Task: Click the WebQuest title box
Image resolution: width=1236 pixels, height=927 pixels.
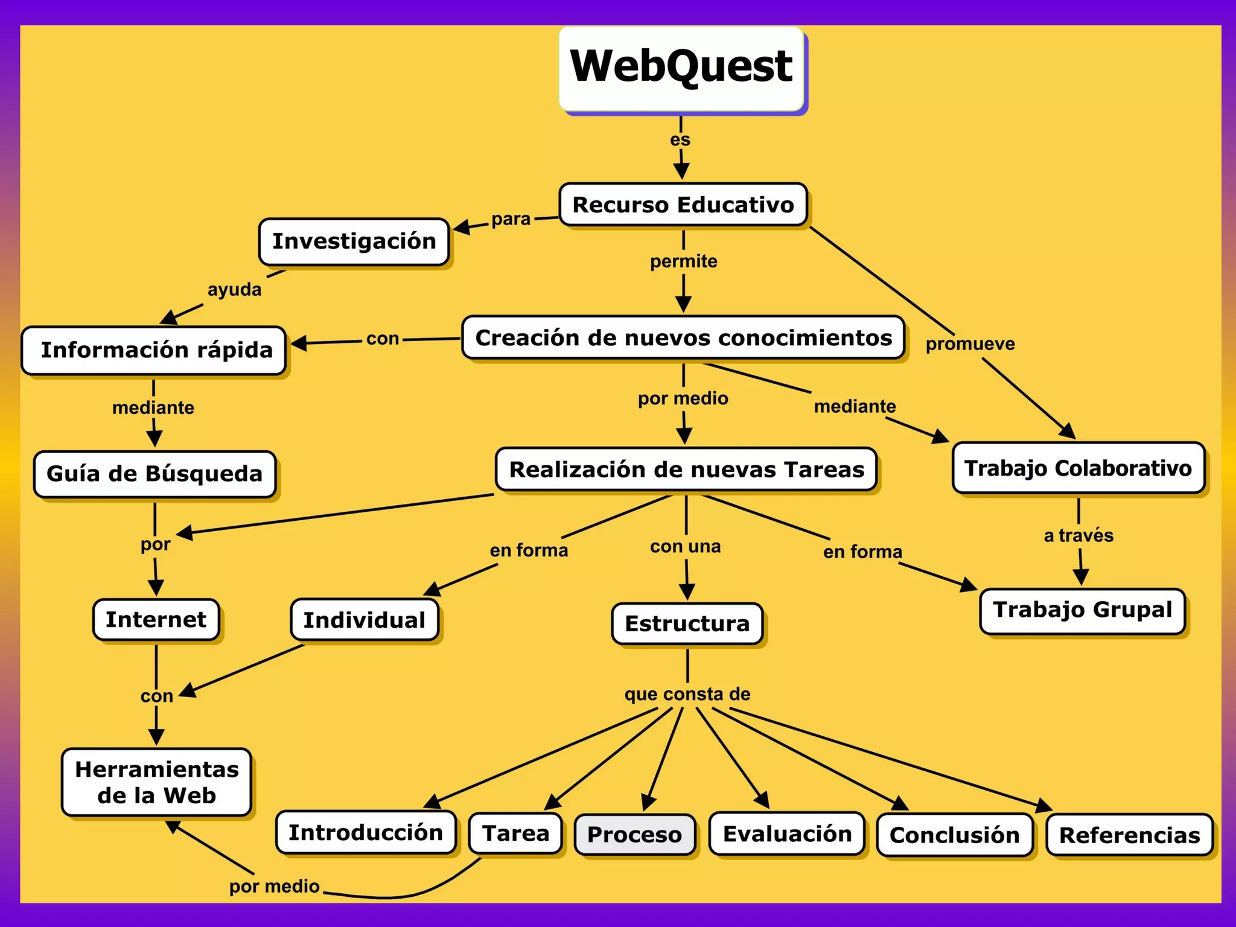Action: pyautogui.click(x=681, y=68)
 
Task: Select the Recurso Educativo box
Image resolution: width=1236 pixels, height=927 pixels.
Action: pyautogui.click(x=683, y=205)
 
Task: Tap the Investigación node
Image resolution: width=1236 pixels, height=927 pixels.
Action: pyautogui.click(x=354, y=241)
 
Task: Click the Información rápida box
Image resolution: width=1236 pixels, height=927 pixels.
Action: pyautogui.click(x=154, y=350)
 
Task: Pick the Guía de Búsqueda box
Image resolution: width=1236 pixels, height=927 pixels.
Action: pyautogui.click(x=154, y=474)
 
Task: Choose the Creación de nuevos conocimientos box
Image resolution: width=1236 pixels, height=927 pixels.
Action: pyautogui.click(x=683, y=338)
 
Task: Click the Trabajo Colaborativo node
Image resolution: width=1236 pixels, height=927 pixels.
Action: pyautogui.click(x=1078, y=468)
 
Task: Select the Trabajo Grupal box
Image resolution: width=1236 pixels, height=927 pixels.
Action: pyautogui.click(x=1083, y=610)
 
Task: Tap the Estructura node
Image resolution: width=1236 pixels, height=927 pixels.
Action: pyautogui.click(x=687, y=623)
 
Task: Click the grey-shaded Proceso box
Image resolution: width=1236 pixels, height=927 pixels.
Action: pyautogui.click(x=634, y=835)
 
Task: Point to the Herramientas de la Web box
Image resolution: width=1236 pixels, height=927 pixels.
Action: pyautogui.click(x=157, y=782)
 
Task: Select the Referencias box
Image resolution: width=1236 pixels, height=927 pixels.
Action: pyautogui.click(x=1129, y=835)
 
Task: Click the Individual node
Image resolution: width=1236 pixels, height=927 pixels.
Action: pyautogui.click(x=365, y=620)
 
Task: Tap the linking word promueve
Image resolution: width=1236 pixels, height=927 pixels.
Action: pyautogui.click(x=970, y=344)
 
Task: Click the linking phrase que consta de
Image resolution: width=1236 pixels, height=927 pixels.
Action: pyautogui.click(x=687, y=694)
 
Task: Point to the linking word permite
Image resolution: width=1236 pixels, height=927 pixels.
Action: pyautogui.click(x=683, y=261)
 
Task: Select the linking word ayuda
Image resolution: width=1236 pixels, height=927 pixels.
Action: pyautogui.click(x=234, y=290)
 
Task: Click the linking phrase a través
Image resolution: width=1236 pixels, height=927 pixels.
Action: pyautogui.click(x=1078, y=535)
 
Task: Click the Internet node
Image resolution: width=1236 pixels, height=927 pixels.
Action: pyautogui.click(x=156, y=619)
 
